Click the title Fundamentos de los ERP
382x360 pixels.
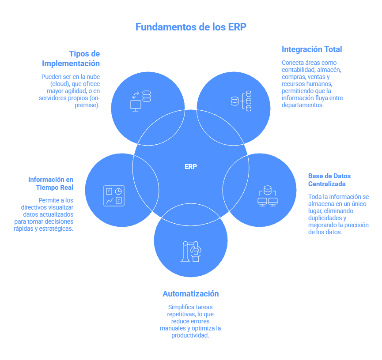point(191,27)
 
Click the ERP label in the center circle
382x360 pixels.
point(191,167)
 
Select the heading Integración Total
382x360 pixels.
point(312,49)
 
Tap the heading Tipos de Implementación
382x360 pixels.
point(77,58)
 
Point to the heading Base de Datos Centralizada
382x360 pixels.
point(329,180)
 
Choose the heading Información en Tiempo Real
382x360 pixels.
point(51,183)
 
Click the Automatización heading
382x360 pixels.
point(191,294)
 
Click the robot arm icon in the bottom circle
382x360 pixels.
point(191,251)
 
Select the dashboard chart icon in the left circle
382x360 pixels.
point(113,196)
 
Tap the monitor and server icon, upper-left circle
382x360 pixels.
point(140,101)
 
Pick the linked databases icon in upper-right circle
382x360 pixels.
point(241,101)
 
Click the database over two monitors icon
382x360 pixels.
point(267,197)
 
